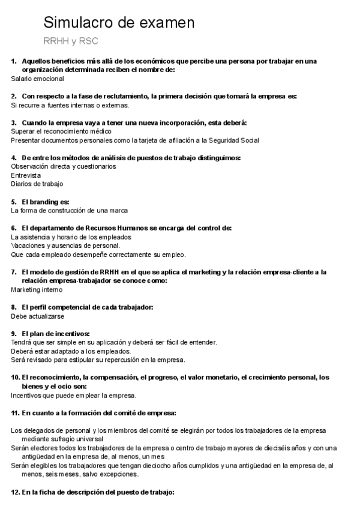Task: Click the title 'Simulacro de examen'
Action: [119, 23]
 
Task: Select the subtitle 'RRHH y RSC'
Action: [71, 41]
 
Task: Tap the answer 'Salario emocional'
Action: [38, 79]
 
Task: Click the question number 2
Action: [14, 96]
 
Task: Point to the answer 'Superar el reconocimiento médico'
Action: [61, 131]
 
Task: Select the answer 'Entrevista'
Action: [26, 175]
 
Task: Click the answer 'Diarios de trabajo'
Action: [37, 184]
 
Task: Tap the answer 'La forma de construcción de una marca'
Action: [70, 211]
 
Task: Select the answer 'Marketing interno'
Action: [37, 289]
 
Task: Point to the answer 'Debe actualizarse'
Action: [38, 316]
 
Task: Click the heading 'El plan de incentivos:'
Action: [55, 333]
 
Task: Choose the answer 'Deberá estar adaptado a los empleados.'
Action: [71, 351]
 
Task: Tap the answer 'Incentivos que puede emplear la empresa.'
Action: [74, 395]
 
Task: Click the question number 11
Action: [16, 413]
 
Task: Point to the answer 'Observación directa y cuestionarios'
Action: [64, 166]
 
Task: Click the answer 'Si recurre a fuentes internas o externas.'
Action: [70, 105]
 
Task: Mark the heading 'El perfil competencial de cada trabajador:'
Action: [87, 307]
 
